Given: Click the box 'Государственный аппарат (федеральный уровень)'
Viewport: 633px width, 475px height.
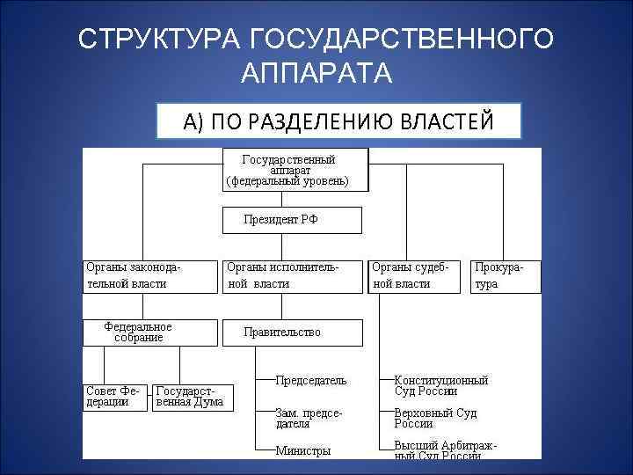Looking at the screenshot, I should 294,169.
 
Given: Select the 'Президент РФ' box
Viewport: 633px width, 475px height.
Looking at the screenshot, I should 290,220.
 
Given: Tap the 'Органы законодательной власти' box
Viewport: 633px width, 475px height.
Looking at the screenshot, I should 149,274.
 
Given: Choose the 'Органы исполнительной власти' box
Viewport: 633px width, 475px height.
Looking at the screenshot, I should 290,274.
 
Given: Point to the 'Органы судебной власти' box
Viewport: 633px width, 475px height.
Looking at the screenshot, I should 414,274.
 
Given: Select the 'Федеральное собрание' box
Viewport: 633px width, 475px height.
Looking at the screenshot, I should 149,332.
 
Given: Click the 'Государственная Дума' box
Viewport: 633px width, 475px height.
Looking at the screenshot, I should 190,397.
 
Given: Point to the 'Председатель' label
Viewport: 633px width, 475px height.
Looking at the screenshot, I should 311,381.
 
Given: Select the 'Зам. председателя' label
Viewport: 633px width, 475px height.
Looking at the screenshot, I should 309,418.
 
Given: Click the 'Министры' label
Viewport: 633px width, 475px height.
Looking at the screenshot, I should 303,451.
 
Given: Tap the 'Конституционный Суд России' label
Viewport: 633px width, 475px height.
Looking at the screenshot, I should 440,386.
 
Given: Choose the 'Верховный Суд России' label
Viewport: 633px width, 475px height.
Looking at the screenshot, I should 435,418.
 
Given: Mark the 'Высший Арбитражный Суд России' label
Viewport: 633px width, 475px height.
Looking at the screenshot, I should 445,450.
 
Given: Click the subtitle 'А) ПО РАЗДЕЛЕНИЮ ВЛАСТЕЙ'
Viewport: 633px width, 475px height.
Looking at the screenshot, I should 338,121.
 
